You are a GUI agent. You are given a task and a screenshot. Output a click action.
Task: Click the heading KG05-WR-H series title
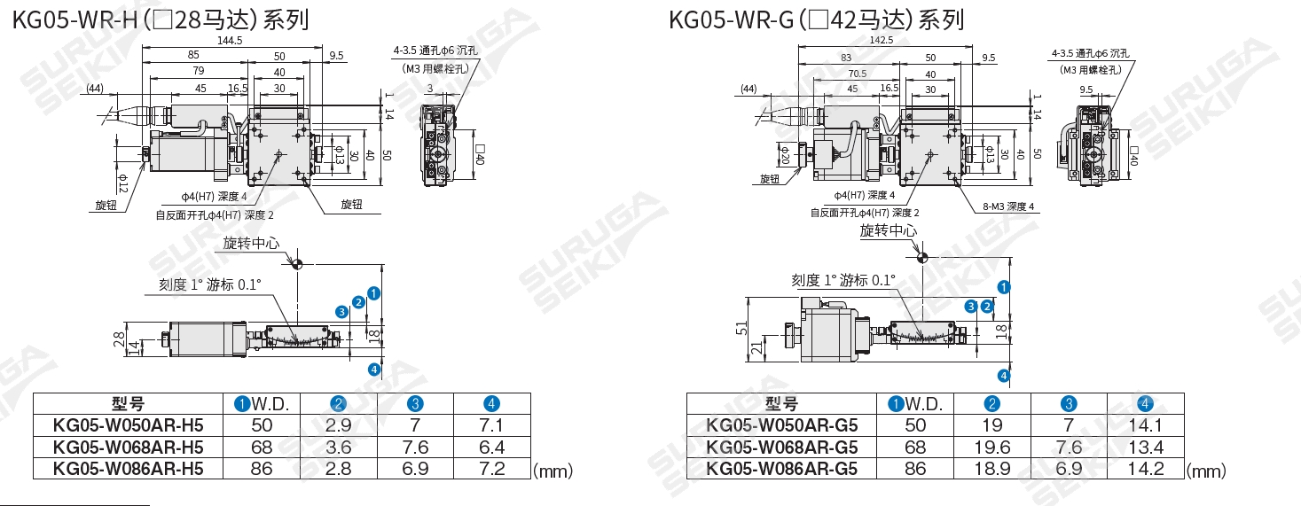(x=161, y=19)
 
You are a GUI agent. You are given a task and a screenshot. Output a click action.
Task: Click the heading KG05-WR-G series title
(x=817, y=19)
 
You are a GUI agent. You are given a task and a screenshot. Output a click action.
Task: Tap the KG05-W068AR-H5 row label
(x=129, y=446)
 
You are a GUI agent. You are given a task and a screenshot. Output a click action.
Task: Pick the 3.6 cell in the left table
(x=339, y=446)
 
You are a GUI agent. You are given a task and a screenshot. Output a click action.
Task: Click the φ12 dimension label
(x=123, y=182)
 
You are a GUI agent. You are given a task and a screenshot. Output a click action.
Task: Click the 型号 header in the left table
(x=129, y=403)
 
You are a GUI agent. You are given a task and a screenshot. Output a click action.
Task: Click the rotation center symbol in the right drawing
(x=922, y=258)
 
